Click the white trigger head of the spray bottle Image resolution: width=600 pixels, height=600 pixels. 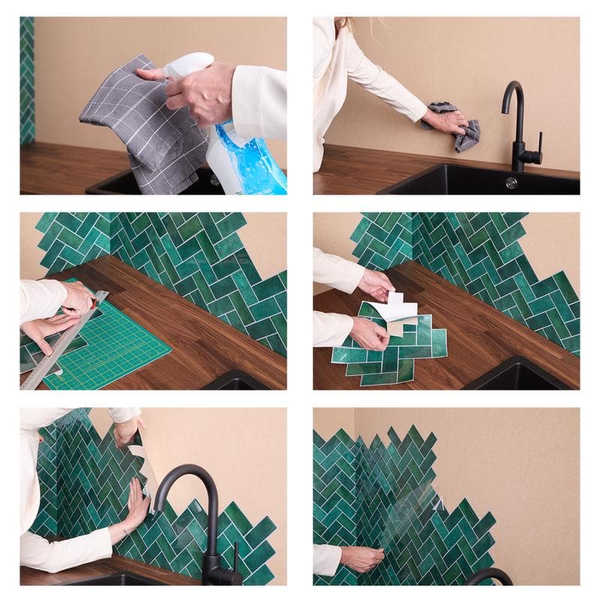(187, 64)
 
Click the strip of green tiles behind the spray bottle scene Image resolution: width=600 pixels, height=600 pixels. (27, 82)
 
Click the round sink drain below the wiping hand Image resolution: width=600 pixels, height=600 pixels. (511, 182)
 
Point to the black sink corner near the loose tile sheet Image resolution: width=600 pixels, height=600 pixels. (517, 375)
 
